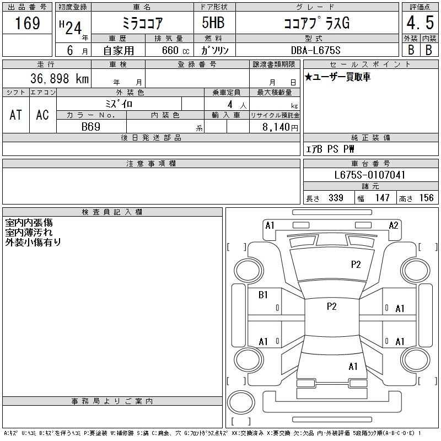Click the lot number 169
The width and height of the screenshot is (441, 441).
click(x=28, y=23)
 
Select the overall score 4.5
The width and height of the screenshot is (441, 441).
click(x=420, y=23)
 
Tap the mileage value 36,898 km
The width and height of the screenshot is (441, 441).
click(x=60, y=78)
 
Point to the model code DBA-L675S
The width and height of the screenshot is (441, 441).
click(x=315, y=50)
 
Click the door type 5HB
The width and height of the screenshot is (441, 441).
click(x=213, y=23)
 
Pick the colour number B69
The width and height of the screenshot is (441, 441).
click(x=91, y=127)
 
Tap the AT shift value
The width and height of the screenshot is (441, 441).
click(x=15, y=115)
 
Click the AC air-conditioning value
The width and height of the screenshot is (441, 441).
click(x=42, y=115)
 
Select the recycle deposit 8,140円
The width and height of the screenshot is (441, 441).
click(x=280, y=127)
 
